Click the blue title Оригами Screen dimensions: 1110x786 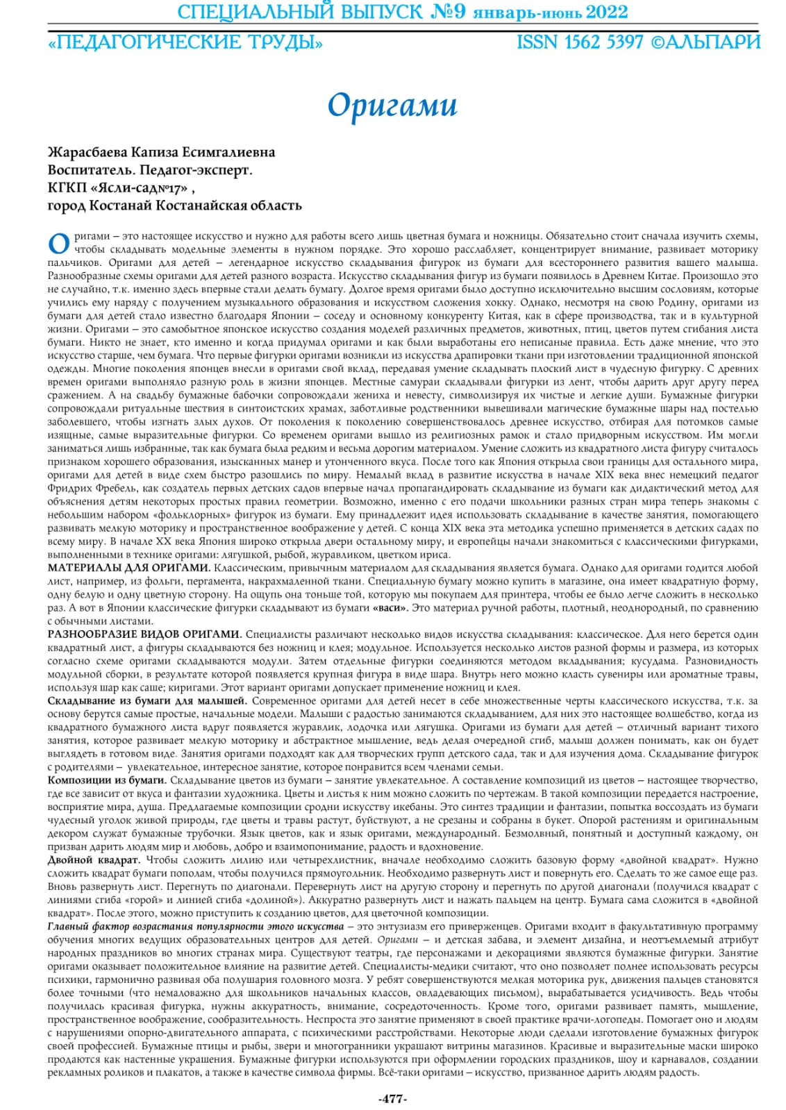pos(392,105)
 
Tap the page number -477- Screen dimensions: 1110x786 pos(392,1098)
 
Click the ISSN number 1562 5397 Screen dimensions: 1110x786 pos(603,42)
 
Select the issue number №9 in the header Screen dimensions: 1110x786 pos(449,12)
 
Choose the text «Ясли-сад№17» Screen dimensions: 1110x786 pos(140,187)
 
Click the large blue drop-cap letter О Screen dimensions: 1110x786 pos(59,243)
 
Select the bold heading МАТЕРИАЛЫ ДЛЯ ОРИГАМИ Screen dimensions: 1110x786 pos(129,568)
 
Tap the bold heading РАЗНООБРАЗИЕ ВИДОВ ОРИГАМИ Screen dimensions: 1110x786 pos(144,634)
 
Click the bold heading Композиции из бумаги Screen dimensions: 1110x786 pos(107,780)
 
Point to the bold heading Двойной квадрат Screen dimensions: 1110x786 pos(94,860)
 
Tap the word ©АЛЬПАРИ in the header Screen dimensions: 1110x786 pos(705,42)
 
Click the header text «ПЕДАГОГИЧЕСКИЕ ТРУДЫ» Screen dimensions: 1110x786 pos(185,42)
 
